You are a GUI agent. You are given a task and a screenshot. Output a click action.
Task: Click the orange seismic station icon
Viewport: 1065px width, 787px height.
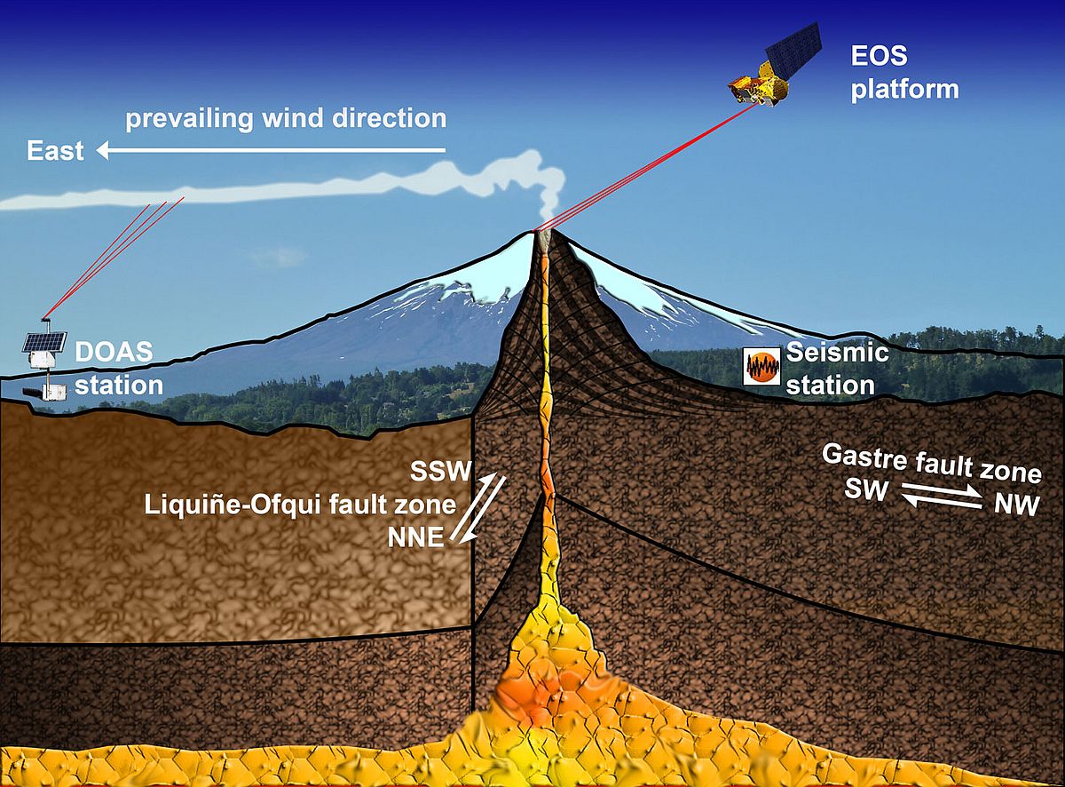pyautogui.click(x=761, y=366)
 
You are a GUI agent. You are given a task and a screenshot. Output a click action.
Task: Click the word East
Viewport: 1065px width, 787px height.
pyautogui.click(x=55, y=151)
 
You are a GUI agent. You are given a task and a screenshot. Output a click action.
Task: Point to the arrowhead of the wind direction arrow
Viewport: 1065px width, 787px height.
pyautogui.click(x=103, y=152)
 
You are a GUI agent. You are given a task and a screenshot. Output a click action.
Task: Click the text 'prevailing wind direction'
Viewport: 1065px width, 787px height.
pyautogui.click(x=285, y=118)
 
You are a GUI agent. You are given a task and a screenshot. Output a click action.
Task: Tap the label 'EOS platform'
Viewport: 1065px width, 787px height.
pyautogui.click(x=904, y=75)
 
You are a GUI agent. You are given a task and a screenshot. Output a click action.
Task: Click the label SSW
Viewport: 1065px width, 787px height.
pyautogui.click(x=436, y=469)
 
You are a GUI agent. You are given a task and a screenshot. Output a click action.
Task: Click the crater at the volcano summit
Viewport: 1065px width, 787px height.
pyautogui.click(x=543, y=233)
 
